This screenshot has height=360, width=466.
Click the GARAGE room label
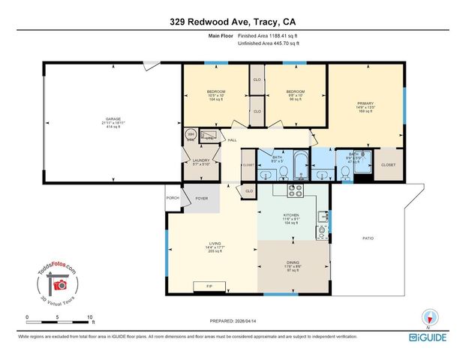tap(113, 119)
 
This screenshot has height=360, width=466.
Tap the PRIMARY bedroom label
tap(365, 103)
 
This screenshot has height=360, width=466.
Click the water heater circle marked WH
tap(191, 135)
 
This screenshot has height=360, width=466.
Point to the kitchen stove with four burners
tap(293, 190)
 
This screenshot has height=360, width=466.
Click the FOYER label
tap(201, 199)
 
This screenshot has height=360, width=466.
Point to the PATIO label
tap(368, 238)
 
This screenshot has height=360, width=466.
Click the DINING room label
tap(293, 262)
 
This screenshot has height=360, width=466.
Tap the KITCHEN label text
tap(292, 215)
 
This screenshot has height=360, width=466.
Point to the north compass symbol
tap(429, 316)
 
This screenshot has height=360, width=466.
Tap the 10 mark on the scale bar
tap(90, 318)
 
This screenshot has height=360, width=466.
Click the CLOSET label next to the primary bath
tap(388, 164)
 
